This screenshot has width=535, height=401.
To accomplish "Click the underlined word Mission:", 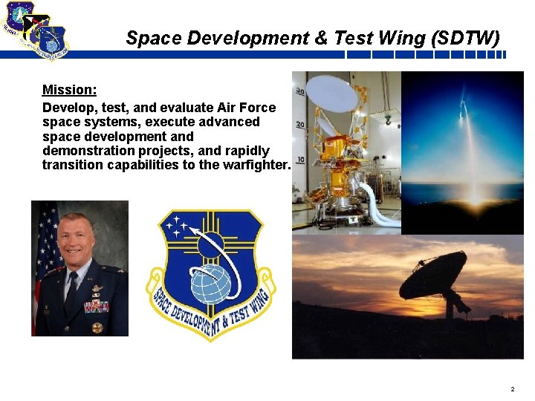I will point(69,90).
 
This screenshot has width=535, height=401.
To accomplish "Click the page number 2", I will point(512,389).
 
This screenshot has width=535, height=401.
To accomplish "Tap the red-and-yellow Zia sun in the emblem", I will point(212,242).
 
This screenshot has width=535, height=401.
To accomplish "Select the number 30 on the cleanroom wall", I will point(299,91).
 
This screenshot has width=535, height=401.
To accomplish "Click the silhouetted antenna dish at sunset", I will point(435,274).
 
